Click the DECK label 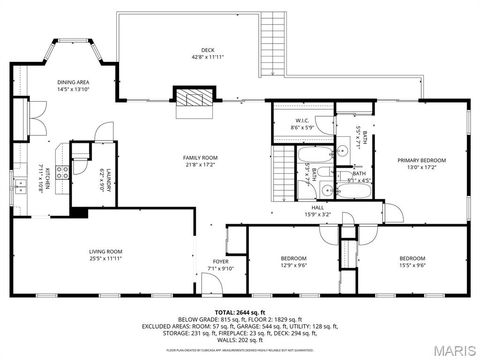pos(208,49)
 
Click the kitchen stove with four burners pos(61,171)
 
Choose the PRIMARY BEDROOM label pos(420,160)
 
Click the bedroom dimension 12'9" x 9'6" pos(291,265)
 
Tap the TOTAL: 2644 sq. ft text pos(240,313)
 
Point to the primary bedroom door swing pos(394,213)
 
